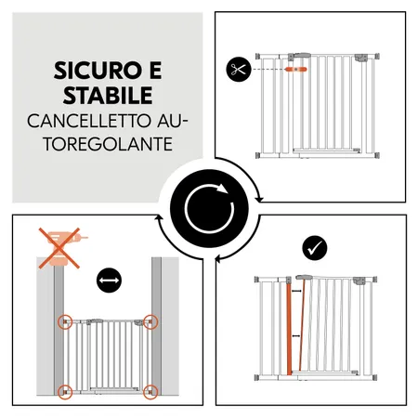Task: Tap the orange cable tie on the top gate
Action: coord(297,69)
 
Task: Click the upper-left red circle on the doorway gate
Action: coord(66,323)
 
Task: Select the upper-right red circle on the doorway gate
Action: coord(150,323)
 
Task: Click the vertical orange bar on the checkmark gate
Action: coord(297,329)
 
